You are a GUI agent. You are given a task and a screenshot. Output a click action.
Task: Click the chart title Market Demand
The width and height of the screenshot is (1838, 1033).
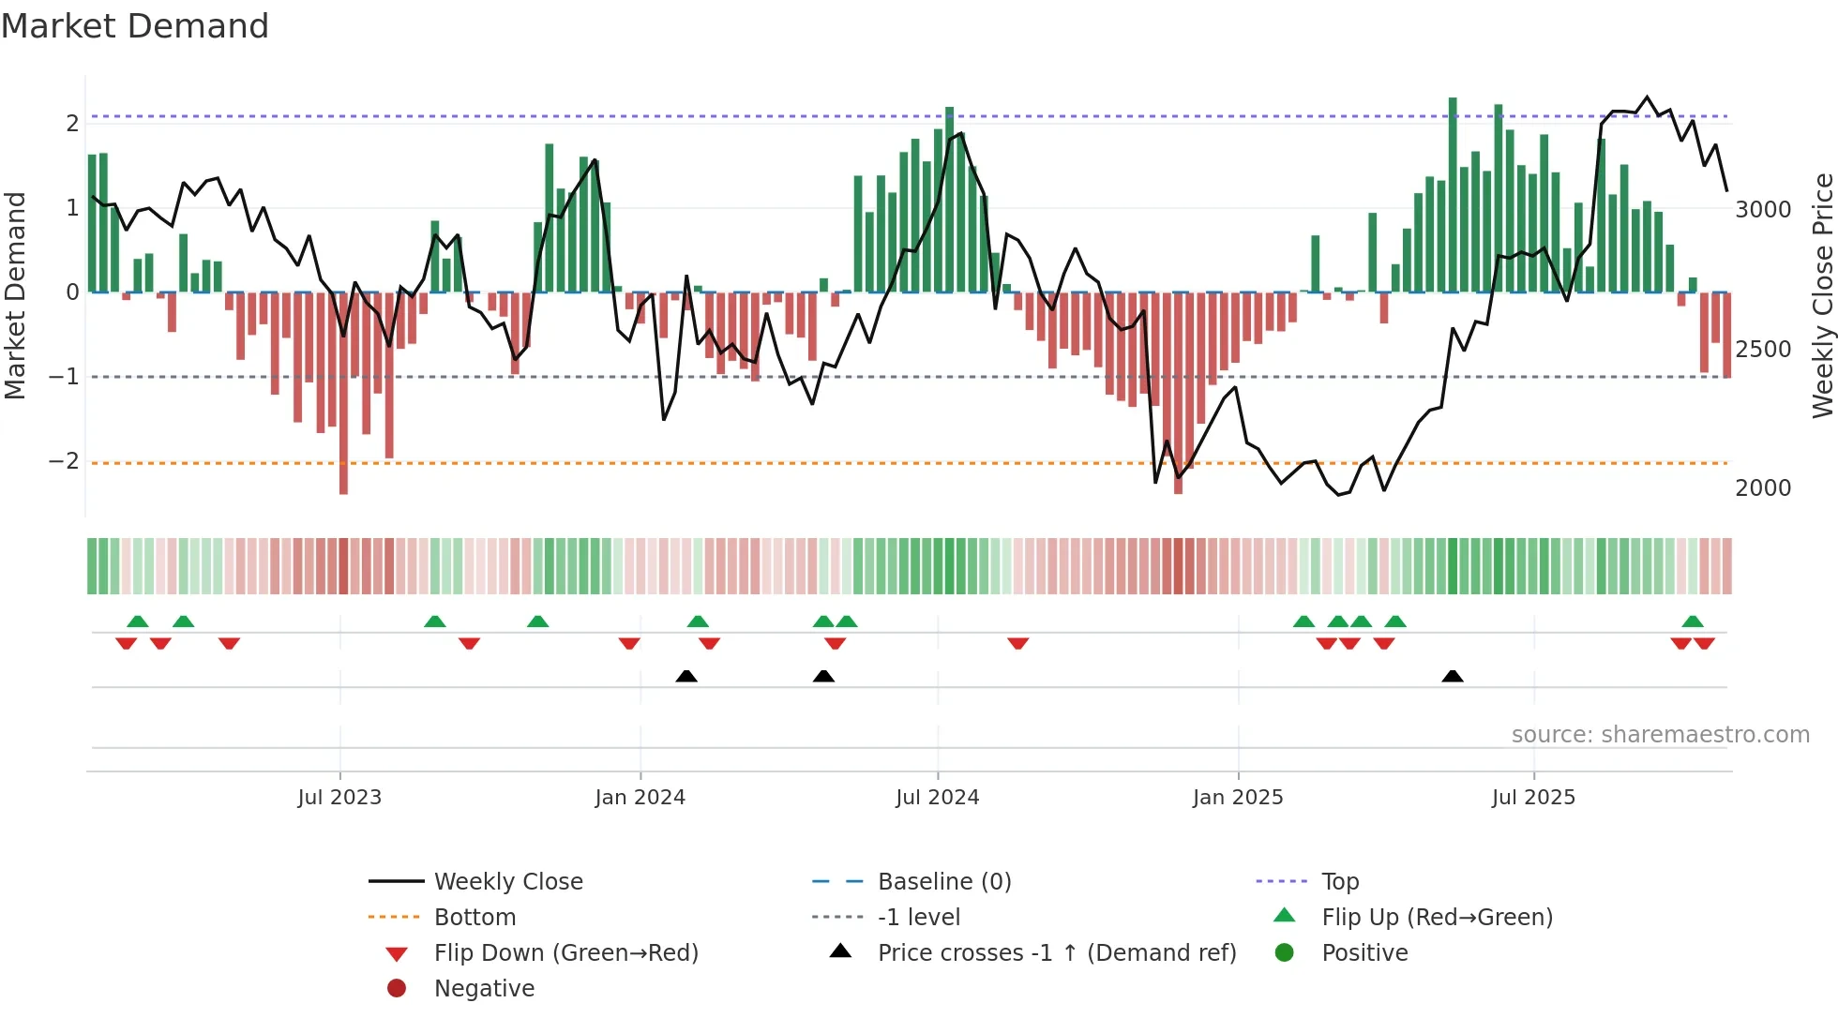[x=135, y=26]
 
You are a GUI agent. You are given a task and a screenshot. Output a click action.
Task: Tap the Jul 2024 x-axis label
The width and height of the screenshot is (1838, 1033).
[x=937, y=798]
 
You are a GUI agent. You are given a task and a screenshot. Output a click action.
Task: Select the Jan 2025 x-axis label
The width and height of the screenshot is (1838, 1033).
[x=1237, y=798]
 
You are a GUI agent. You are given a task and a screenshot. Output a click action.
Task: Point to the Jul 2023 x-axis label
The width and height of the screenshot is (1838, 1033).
[x=339, y=798]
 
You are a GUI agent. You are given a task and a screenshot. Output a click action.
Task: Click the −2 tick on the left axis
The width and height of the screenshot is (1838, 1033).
[x=64, y=461]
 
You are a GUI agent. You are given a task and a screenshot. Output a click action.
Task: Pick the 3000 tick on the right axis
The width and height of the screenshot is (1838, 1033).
[x=1762, y=210]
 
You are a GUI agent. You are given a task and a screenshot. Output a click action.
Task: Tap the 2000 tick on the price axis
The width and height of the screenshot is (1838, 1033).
[x=1762, y=488]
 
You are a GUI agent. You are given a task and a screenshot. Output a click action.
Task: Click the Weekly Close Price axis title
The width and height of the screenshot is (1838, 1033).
[x=1822, y=295]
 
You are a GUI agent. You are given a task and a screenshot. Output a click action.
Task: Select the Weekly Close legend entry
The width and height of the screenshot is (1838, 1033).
[x=507, y=882]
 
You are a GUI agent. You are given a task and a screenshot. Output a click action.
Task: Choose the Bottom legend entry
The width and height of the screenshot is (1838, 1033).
[x=475, y=918]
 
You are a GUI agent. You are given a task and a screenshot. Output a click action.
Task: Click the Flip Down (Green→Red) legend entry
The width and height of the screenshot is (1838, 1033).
[x=565, y=953]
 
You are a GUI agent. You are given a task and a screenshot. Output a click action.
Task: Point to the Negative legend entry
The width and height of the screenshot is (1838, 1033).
[x=484, y=989]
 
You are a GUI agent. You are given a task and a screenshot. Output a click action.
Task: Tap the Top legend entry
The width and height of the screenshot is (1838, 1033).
[x=1339, y=882]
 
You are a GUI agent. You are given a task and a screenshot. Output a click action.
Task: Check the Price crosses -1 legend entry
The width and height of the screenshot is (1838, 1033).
[x=1056, y=953]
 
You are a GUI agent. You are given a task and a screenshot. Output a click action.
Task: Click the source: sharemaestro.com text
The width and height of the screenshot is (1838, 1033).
[x=1660, y=735]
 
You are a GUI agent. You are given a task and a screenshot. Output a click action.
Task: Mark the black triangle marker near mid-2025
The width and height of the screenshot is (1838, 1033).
[x=1452, y=676]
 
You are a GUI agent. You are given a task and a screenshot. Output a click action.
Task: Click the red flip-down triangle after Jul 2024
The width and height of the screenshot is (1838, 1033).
[x=1017, y=643]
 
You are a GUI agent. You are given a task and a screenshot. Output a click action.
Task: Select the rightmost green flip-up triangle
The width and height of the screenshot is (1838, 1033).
[x=1692, y=621]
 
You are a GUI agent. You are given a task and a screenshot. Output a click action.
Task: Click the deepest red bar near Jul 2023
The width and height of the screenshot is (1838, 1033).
[x=343, y=394]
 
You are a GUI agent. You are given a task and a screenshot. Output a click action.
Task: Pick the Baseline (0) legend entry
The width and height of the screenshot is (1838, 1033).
[x=943, y=882]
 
